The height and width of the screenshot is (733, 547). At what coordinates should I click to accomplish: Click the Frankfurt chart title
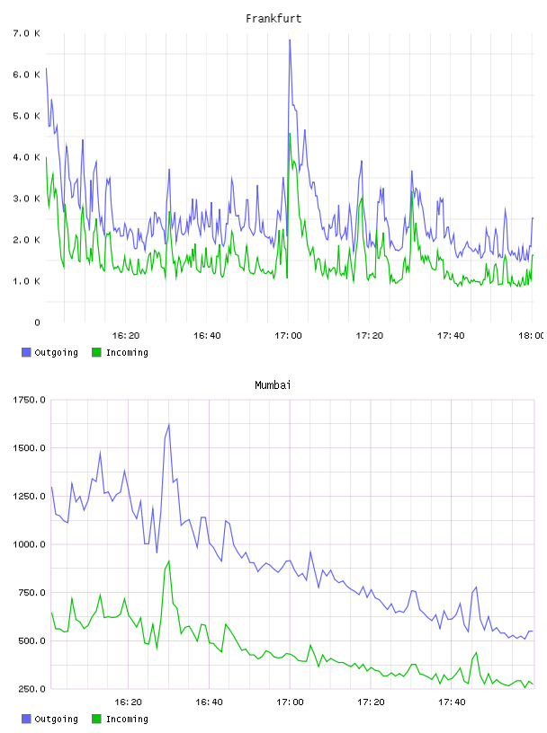[273, 19]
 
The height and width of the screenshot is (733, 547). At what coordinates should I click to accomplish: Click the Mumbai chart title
[273, 385]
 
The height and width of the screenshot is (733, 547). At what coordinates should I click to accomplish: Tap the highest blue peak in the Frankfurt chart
[290, 40]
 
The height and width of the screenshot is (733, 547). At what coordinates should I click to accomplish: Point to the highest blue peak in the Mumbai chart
[168, 425]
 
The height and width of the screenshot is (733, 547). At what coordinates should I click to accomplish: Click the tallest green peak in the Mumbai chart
[168, 561]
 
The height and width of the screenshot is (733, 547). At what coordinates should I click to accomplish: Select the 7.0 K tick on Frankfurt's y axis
[26, 33]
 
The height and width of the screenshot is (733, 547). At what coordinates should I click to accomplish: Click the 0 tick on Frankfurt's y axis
[37, 322]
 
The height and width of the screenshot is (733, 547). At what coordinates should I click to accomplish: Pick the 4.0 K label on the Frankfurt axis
[26, 157]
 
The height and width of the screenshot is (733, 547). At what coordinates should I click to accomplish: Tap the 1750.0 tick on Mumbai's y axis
[29, 400]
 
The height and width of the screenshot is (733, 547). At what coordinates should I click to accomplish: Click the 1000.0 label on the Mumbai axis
[29, 544]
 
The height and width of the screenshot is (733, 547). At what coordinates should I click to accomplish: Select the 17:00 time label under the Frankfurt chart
[288, 335]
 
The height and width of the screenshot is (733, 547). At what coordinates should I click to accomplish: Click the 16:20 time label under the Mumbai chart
[128, 702]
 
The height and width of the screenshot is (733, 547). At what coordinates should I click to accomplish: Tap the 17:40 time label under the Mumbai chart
[452, 702]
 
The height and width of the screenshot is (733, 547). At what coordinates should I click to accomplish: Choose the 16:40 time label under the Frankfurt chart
[207, 335]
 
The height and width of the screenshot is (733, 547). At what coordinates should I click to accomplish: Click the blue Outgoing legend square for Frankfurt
[26, 352]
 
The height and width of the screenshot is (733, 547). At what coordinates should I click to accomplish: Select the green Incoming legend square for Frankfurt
[96, 352]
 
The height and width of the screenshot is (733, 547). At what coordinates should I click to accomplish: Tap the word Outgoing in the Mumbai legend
[56, 719]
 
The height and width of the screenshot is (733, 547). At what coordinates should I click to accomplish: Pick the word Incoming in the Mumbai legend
[127, 719]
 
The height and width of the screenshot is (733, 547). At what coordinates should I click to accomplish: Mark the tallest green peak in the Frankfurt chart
[290, 134]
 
